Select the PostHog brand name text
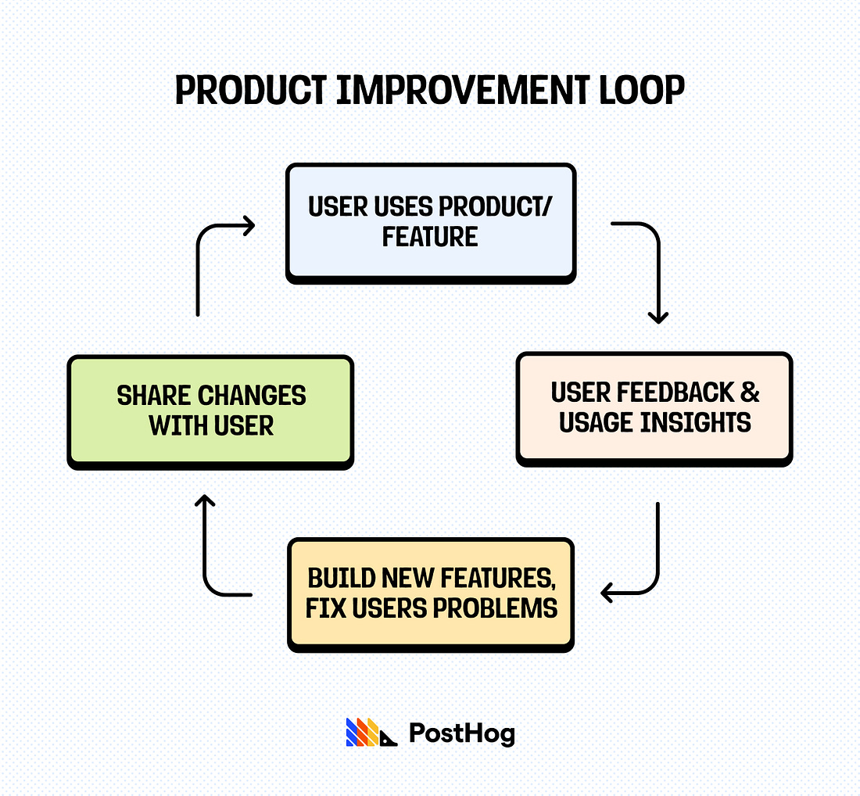[x=461, y=733]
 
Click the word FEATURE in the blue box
[x=429, y=236]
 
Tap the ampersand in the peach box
[x=750, y=392]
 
